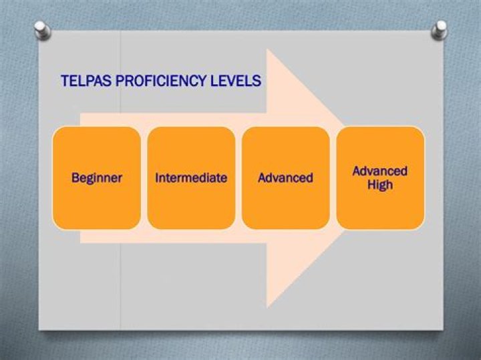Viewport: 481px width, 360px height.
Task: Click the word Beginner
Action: (97, 178)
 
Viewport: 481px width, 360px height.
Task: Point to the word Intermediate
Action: (191, 178)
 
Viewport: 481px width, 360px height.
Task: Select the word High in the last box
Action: (380, 185)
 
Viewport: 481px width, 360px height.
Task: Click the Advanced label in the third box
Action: (285, 178)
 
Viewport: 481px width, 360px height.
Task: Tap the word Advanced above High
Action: (380, 171)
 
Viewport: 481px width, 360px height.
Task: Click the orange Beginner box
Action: (97, 200)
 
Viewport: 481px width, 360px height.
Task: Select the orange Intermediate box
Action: (191, 200)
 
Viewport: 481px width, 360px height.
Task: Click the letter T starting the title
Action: (64, 81)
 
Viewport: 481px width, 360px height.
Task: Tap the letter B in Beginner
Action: (75, 178)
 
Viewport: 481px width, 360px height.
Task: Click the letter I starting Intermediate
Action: (157, 178)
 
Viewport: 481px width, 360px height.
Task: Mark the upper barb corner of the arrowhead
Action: (267, 49)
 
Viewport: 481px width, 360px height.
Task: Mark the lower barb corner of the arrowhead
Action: (267, 307)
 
